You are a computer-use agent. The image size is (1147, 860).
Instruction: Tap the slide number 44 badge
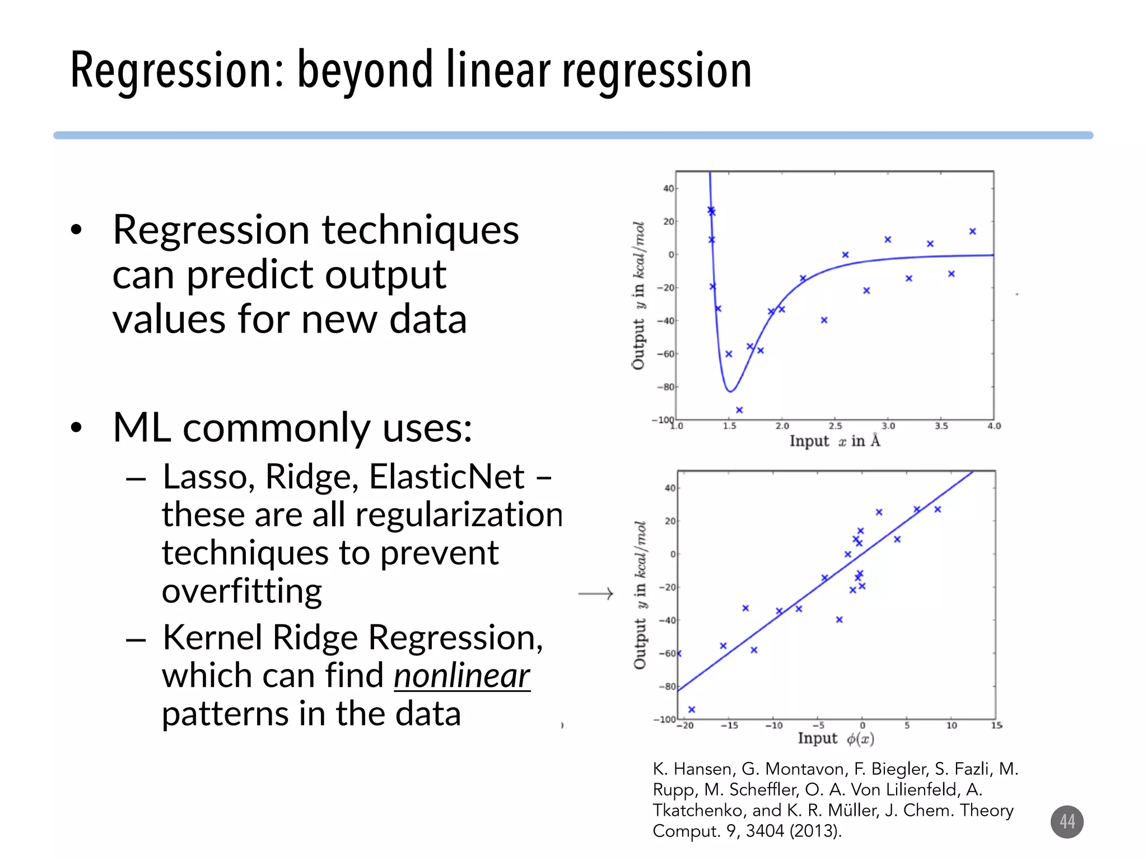(x=1066, y=821)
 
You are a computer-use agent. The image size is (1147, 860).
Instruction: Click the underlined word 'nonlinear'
(x=461, y=676)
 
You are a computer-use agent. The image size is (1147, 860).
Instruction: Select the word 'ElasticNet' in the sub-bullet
(x=446, y=477)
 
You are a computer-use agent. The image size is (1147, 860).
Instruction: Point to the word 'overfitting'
(x=242, y=591)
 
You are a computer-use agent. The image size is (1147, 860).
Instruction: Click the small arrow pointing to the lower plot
(x=596, y=593)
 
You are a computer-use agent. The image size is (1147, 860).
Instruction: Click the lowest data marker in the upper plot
(x=739, y=410)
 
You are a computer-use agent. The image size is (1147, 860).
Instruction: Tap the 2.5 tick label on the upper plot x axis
(x=835, y=426)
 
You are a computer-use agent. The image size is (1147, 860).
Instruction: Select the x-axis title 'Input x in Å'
(x=834, y=441)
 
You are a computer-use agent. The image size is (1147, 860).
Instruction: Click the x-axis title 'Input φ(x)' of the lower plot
(x=836, y=739)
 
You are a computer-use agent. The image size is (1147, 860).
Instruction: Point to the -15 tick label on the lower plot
(x=729, y=726)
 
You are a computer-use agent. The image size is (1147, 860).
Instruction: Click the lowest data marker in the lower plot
(x=692, y=709)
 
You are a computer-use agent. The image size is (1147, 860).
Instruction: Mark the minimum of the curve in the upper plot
(x=730, y=391)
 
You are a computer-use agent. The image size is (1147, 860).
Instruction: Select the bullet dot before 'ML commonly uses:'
(x=77, y=428)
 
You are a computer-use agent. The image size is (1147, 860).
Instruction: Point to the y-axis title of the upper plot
(x=638, y=295)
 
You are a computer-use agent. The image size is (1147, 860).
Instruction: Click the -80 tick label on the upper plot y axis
(x=666, y=387)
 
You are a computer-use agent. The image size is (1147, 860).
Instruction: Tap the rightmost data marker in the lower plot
(x=938, y=509)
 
